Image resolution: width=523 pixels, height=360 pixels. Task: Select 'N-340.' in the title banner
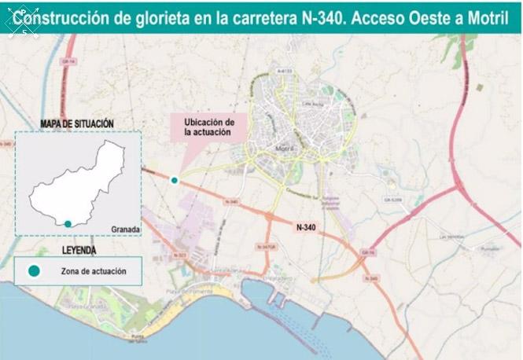[x=321, y=17]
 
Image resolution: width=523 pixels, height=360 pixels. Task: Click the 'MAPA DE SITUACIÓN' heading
[x=78, y=123]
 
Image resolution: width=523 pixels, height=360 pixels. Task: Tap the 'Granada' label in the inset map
[x=125, y=230]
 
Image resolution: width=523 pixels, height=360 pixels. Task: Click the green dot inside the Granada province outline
[x=68, y=224]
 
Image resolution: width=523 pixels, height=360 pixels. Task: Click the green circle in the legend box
[x=34, y=271]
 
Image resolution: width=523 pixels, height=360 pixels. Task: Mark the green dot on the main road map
[x=175, y=180]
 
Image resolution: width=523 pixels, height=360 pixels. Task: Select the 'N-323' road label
[x=179, y=255]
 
